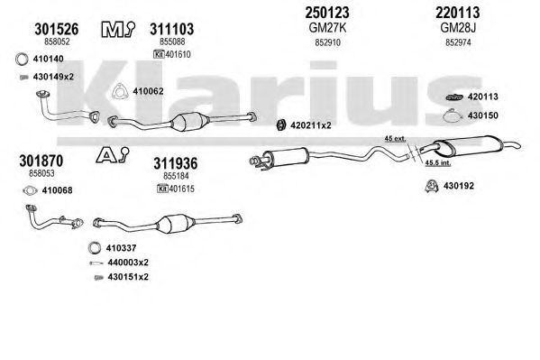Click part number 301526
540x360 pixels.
pos(57,29)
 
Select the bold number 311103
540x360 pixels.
pos(171,29)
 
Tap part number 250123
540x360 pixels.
pos(327,13)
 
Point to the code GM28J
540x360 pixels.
pos(458,28)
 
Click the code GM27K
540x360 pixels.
pos(327,28)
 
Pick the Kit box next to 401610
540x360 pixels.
pos(159,54)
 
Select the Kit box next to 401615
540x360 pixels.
pos(162,189)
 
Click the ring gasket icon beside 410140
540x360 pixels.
pos(22,59)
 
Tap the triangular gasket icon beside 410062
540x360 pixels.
pos(120,91)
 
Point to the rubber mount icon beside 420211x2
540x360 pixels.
pos(281,125)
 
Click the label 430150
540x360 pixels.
pos(482,115)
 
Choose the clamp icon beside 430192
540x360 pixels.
pos(431,186)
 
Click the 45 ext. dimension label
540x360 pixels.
pos(395,139)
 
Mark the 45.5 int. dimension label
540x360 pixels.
pos(438,162)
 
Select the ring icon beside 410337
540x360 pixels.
pos(95,248)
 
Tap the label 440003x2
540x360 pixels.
pos(128,263)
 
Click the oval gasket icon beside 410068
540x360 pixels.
pos(31,190)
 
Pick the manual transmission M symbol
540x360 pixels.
pos(118,30)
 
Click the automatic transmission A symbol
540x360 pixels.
pos(112,155)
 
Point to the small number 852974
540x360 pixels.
pos(458,42)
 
